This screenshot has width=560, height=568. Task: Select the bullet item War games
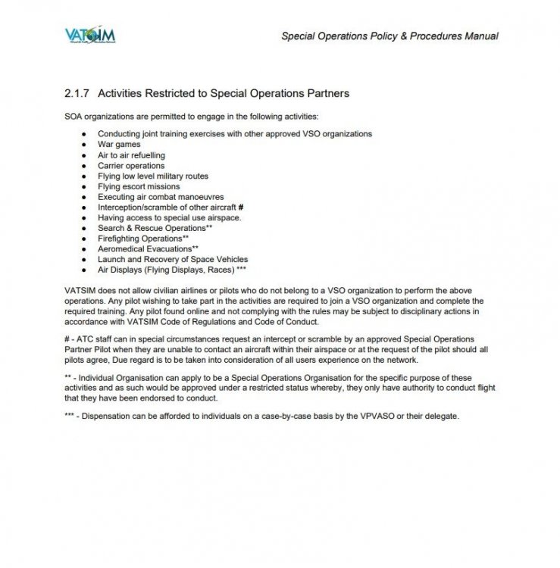coord(119,144)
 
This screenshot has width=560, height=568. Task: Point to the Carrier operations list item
coord(131,165)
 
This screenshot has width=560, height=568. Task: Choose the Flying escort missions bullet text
coord(139,186)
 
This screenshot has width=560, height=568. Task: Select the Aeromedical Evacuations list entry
coord(149,248)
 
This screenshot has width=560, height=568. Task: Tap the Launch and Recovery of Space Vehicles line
coord(173,259)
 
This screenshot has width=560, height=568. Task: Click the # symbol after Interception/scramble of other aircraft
coord(240,207)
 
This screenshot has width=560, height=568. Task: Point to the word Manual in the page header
coord(480,36)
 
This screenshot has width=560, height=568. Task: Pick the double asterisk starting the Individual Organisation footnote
coord(70,376)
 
